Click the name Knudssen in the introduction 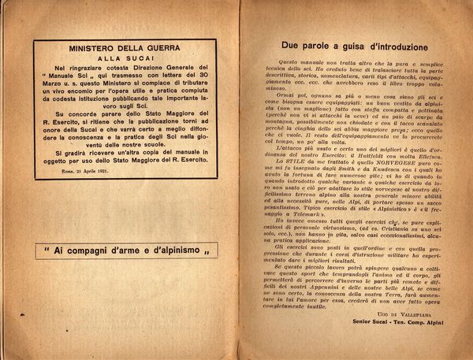[x=397, y=165]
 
